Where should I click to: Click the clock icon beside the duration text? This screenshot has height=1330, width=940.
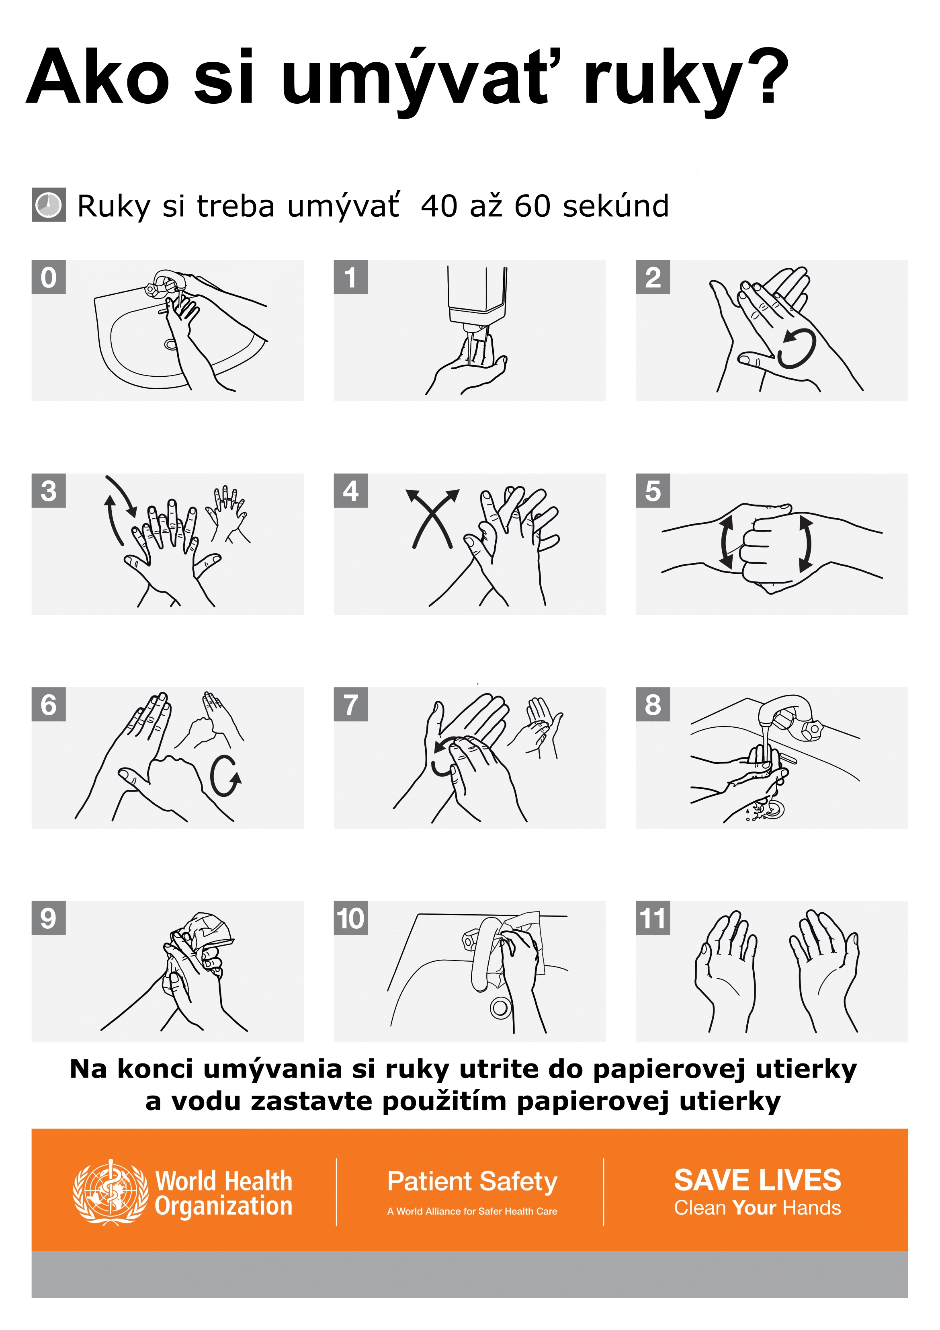point(49,205)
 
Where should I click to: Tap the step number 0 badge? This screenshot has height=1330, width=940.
point(49,277)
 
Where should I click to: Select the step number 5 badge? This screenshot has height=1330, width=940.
point(653,491)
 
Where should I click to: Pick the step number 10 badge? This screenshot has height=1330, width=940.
point(351,918)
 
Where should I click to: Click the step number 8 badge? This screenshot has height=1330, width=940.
point(653,704)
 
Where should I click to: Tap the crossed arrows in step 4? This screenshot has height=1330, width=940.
point(432,518)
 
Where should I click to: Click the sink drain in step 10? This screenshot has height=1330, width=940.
point(500,1008)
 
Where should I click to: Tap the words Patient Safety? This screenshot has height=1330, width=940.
point(472,1181)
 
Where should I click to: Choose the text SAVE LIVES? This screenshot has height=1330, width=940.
point(758,1180)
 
